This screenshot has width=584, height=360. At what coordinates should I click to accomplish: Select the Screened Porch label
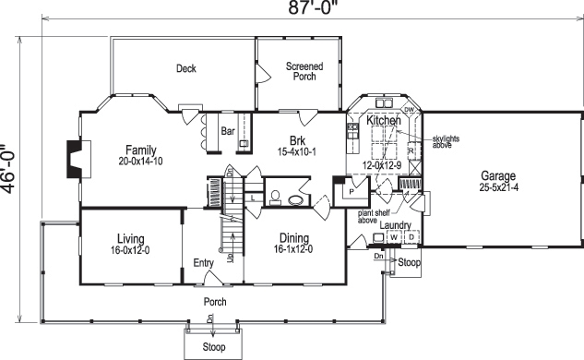(x=304, y=71)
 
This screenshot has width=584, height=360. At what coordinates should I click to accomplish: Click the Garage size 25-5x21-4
(x=504, y=187)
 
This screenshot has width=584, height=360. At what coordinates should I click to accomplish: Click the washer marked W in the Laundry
(x=393, y=237)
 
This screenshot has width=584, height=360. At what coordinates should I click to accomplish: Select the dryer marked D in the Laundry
(x=411, y=237)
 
